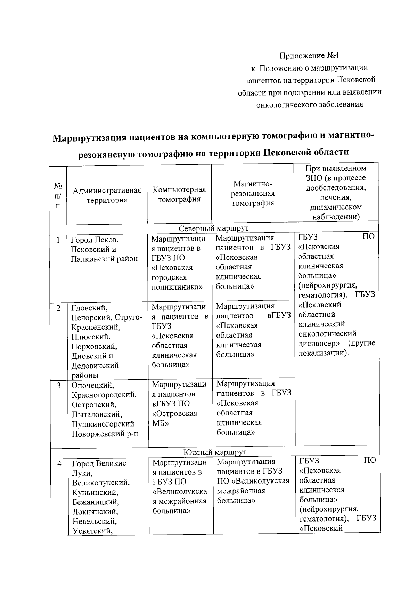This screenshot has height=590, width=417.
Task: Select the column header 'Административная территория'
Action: point(107,195)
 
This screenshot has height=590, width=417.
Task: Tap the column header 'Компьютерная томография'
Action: point(179,194)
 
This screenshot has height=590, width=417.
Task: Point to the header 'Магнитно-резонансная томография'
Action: point(253,193)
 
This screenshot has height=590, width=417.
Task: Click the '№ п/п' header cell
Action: point(58,196)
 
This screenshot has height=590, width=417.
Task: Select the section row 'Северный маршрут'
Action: point(213,228)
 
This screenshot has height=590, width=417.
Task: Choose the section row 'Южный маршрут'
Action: point(215,452)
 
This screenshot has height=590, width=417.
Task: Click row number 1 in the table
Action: point(58,240)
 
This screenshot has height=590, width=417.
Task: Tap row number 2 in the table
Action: point(58,308)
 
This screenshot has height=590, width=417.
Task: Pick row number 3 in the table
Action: point(59,385)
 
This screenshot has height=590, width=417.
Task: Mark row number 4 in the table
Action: point(59,463)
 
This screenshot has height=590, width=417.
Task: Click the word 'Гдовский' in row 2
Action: point(89,308)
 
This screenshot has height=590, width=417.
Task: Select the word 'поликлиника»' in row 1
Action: point(177,287)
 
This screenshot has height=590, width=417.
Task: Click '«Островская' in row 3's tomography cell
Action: point(175,414)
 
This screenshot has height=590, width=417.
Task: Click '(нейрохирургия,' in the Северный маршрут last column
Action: point(327,285)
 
